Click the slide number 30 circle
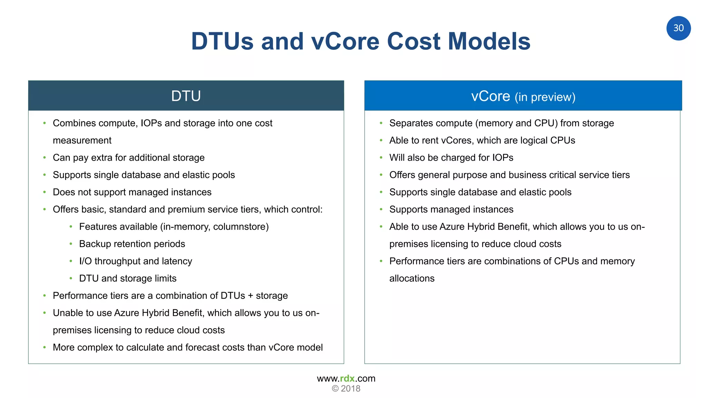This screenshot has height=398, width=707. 678,28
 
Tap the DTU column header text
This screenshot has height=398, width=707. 186,96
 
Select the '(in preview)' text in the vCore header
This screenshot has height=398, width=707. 545,97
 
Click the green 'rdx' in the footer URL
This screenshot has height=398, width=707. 347,378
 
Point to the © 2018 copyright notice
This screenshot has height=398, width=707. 346,389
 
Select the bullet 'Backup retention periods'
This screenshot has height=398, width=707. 132,244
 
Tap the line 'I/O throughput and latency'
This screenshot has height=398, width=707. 135,261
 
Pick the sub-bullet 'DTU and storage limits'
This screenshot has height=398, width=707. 128,278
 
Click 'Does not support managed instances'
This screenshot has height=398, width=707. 132,192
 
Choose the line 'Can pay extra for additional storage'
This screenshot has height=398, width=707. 128,158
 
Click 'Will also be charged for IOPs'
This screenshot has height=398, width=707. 451,158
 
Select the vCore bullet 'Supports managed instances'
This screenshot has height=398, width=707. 451,209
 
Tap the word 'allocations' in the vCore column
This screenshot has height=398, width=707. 412,278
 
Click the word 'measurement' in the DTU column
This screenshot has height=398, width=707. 82,140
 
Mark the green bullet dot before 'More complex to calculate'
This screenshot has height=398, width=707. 45,347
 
